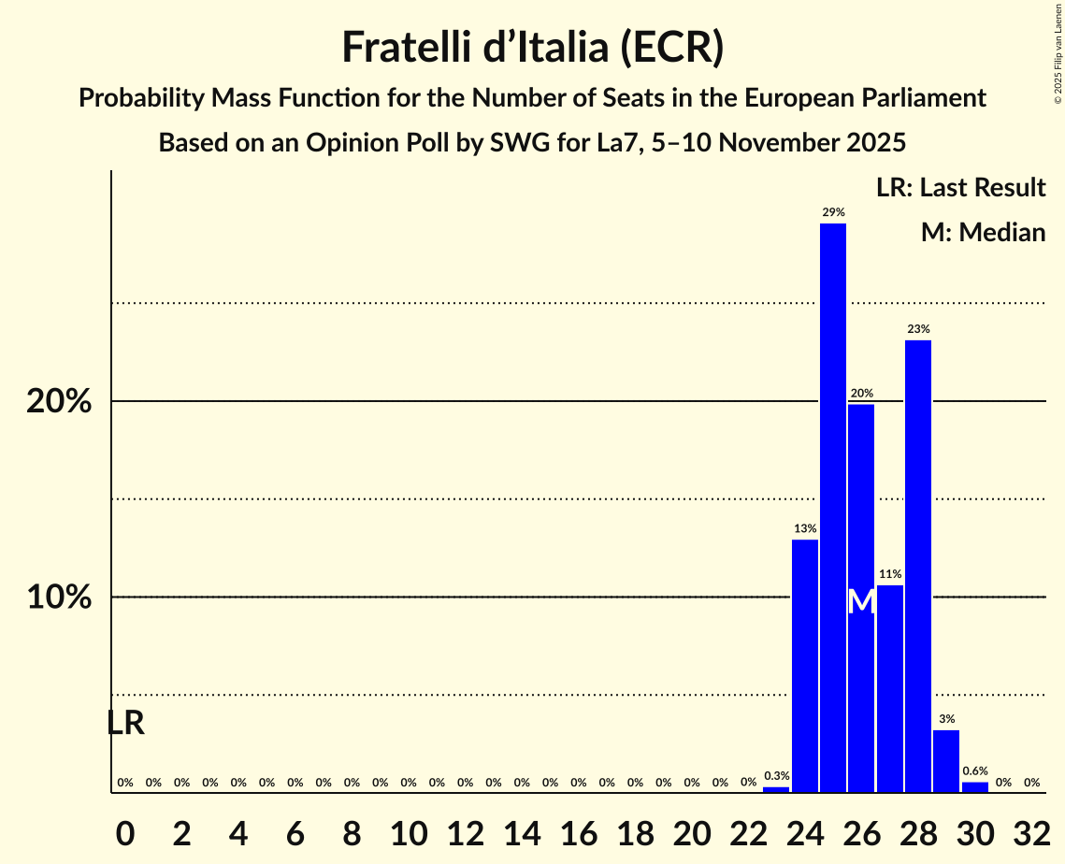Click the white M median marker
click(x=861, y=602)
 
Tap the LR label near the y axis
click(x=125, y=723)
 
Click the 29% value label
click(x=832, y=212)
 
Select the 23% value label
click(x=917, y=329)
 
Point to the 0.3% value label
click(x=776, y=776)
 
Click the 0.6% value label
click(x=974, y=771)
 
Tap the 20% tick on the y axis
click(x=58, y=402)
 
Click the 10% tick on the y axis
click(x=58, y=598)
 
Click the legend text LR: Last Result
click(x=960, y=188)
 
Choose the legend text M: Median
click(x=983, y=233)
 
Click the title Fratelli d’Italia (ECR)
click(x=532, y=48)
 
